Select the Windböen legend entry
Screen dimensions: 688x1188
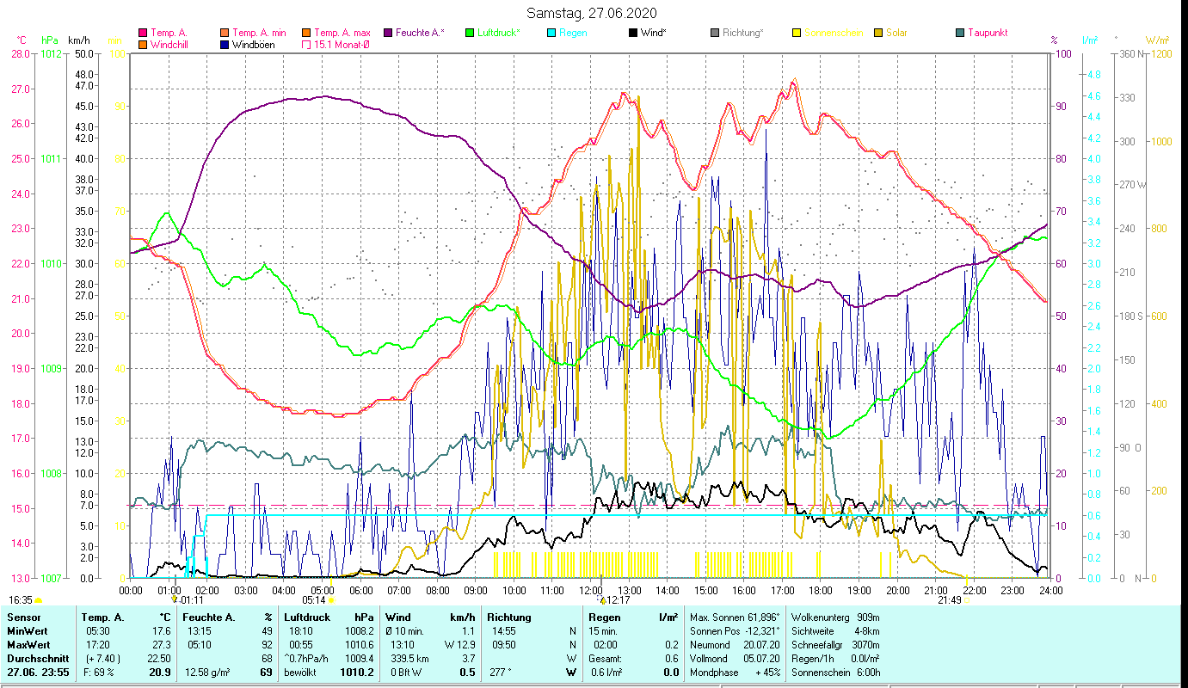(x=253, y=44)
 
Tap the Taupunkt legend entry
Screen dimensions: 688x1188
(x=987, y=33)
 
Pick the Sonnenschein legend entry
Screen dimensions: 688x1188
(x=834, y=33)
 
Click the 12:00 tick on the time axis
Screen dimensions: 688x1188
(x=591, y=591)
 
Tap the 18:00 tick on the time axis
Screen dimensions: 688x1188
(x=821, y=591)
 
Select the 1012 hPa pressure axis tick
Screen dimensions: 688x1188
(x=51, y=53)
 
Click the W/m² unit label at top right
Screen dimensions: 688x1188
(x=1155, y=40)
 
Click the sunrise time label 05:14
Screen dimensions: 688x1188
(x=313, y=600)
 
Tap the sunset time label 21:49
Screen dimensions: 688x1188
(x=949, y=600)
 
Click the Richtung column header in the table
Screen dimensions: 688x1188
(x=510, y=617)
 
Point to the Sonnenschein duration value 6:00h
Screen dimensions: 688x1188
(x=866, y=672)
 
